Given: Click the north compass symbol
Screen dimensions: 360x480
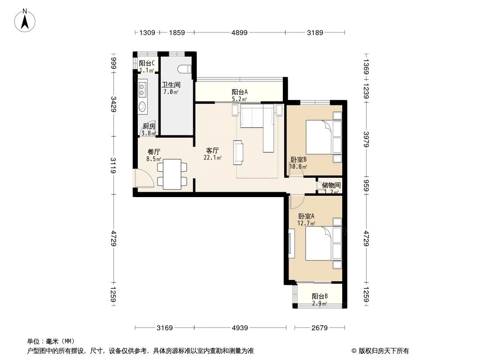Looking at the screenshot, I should [26, 20].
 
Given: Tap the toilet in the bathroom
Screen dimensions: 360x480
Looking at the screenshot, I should [185, 69].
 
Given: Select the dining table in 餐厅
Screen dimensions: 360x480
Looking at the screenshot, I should [172, 174].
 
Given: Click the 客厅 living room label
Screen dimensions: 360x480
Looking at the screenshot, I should [213, 151].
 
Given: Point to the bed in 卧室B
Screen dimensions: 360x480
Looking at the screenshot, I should [324, 137].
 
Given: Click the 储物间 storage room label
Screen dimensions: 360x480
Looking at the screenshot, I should [331, 185].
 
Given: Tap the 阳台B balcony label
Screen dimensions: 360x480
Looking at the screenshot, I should [320, 297].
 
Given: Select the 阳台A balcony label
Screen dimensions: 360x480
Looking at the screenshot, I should [240, 92].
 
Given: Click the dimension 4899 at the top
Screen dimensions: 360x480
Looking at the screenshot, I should [240, 32].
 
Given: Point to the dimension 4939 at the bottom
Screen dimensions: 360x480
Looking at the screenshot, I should [240, 328].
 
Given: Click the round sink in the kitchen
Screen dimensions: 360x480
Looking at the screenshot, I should [142, 107].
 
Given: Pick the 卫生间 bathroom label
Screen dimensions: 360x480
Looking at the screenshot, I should [171, 84].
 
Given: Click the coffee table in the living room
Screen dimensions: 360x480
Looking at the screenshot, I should [238, 152].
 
